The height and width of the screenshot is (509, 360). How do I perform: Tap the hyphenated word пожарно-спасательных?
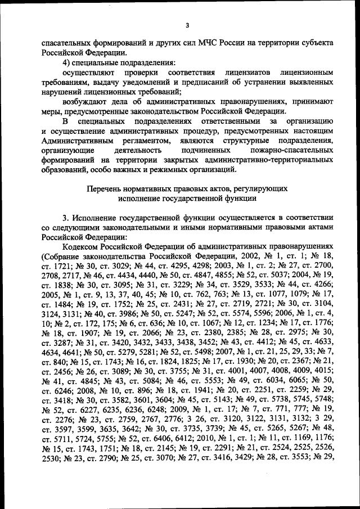pos(291,151)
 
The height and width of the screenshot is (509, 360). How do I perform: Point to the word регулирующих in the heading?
pos(262,189)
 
